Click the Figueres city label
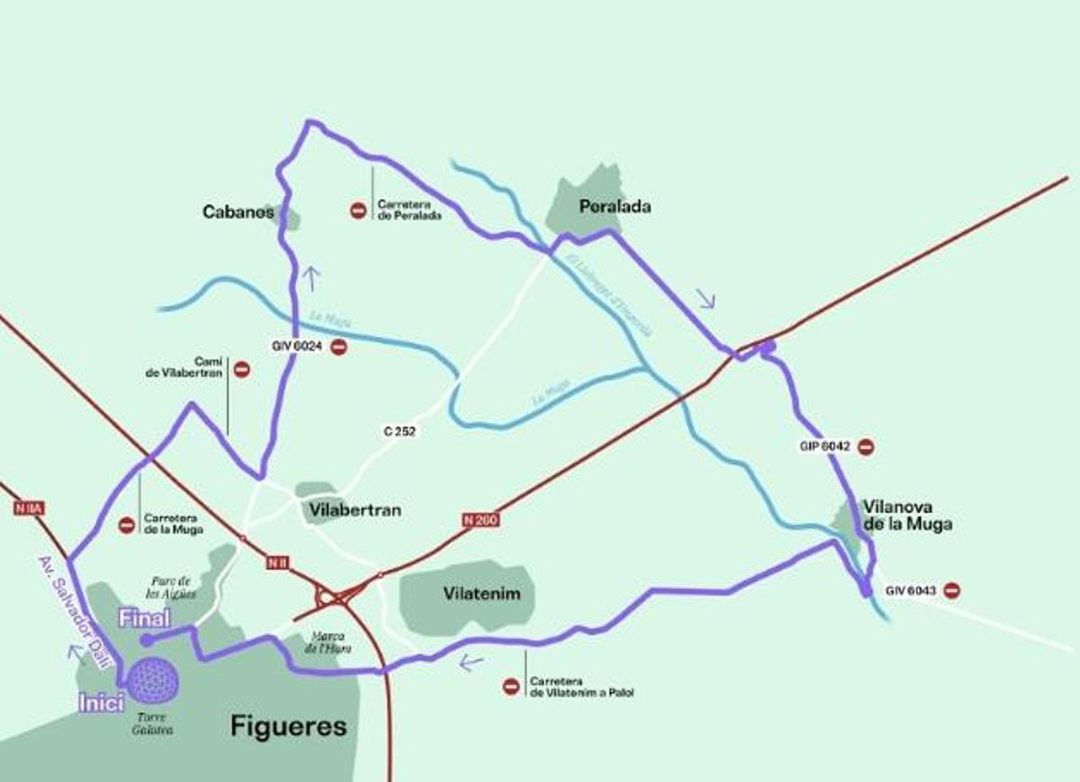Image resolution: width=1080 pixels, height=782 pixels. coord(288,726)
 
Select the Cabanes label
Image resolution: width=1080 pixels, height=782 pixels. coord(238,212)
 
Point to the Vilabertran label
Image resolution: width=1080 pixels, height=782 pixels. coord(355,510)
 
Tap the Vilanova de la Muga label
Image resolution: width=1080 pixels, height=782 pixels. coord(906,515)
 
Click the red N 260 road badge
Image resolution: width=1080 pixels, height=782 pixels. coord(481,519)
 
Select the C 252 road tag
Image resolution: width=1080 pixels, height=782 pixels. coord(400,432)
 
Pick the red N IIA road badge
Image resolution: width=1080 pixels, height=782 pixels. coord(29,508)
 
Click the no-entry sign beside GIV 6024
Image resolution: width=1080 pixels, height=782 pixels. coord(338,346)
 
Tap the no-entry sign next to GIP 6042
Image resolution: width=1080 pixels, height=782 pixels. coord(866,446)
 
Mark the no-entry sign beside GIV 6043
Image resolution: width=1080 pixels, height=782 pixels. coord(951,590)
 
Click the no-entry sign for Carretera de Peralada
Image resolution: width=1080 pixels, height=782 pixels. coord(357,211)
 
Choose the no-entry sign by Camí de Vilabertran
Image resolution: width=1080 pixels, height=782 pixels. coord(241,368)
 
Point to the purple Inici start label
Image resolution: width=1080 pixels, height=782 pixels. coord(101,703)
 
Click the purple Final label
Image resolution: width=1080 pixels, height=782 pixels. coord(144,618)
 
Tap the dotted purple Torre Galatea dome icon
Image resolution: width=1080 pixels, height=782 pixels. coord(153,680)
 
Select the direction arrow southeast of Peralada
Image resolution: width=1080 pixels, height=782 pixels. coord(706,299)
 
